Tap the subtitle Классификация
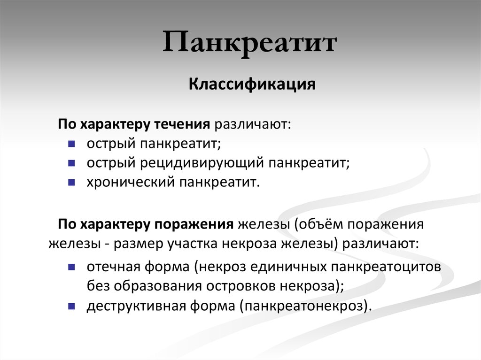pyautogui.click(x=252, y=85)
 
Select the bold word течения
pyautogui.click(x=181, y=124)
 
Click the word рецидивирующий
pyautogui.click(x=202, y=162)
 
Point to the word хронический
pyautogui.click(x=130, y=181)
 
